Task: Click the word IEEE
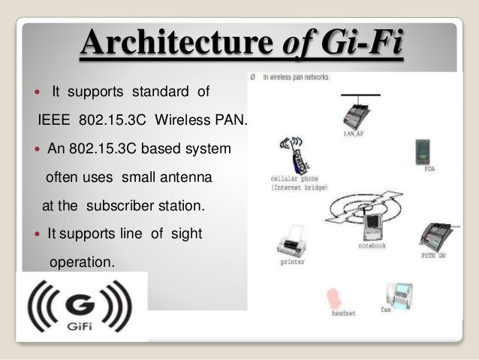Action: point(53,120)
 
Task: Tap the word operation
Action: point(82,263)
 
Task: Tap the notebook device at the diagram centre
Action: point(371,225)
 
